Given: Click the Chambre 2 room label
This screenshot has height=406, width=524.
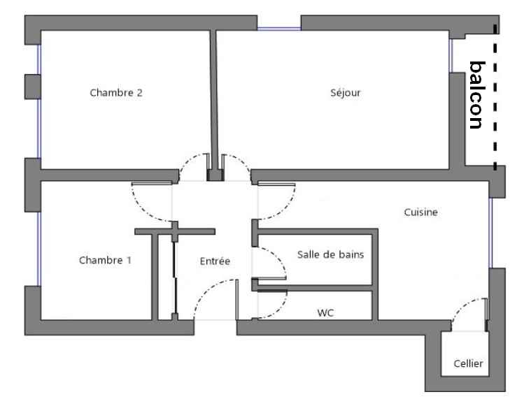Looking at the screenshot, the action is [116, 92].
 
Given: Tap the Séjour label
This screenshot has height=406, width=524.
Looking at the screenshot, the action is [346, 92].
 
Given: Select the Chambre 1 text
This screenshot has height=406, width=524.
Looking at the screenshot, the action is [105, 260].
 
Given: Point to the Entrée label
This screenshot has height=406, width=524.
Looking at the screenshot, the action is [215, 261].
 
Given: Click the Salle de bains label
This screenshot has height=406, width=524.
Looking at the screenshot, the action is [330, 254].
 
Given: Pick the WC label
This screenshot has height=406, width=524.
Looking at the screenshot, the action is [325, 313].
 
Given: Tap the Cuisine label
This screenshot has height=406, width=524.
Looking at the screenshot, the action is [420, 212].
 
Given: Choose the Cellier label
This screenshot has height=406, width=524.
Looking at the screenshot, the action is [468, 363].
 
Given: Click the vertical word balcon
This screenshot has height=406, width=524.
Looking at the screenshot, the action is [477, 95].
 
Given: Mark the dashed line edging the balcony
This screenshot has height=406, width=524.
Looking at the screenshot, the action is [495, 97].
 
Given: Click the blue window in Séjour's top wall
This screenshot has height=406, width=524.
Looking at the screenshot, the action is [279, 29].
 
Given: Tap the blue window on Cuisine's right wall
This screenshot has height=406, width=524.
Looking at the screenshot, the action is [490, 233].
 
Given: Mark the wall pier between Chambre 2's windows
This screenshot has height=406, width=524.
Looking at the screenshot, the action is [33, 87].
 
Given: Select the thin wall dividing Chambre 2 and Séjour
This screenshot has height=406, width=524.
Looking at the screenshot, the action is [214, 100].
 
